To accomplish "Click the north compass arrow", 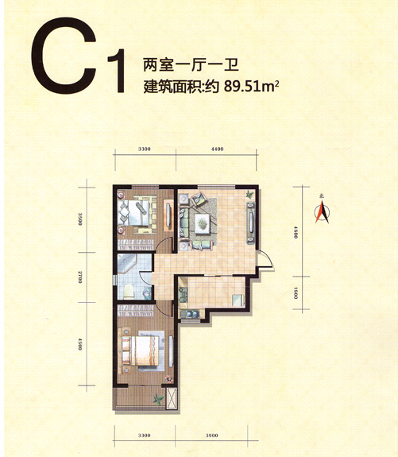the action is [322, 213].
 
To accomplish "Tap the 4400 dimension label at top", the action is [218, 149].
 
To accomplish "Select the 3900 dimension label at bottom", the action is [211, 436].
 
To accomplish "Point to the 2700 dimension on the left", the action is [80, 277].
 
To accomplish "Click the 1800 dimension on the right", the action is [296, 293].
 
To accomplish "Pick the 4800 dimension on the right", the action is [296, 232].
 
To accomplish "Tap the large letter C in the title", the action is [64, 56].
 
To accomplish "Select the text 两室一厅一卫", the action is [191, 65].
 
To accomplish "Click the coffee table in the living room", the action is [203, 223].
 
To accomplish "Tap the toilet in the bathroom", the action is [129, 292].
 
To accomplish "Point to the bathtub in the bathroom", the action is [127, 263].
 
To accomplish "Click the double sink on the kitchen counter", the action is [189, 314].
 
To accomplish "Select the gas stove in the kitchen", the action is [183, 294].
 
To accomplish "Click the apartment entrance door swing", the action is [265, 259].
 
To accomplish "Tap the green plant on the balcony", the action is [159, 399].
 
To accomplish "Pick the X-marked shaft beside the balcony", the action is [171, 398].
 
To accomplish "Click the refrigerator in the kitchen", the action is [238, 300].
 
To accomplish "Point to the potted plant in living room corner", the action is [249, 194].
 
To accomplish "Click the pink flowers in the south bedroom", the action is [169, 379].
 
